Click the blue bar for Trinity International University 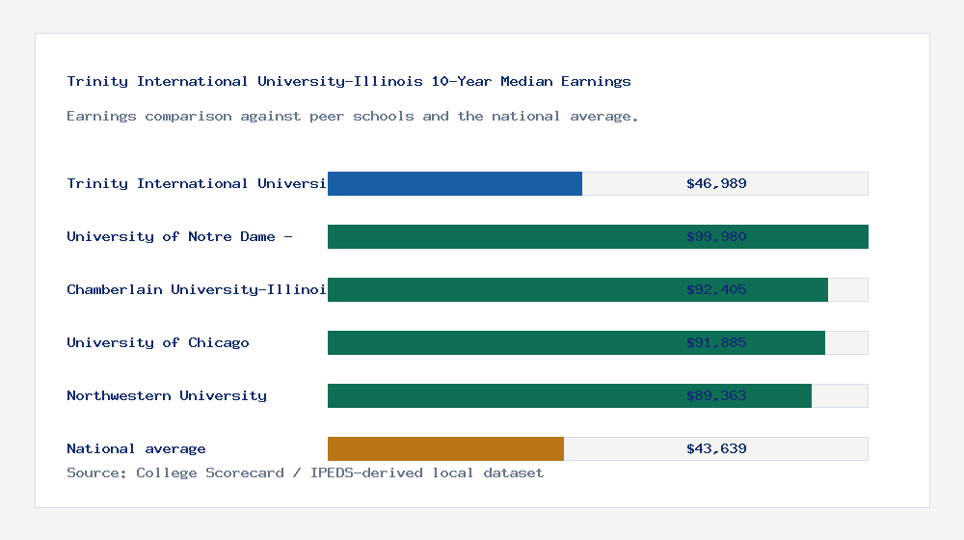(455, 183)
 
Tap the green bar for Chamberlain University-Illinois (501, 289)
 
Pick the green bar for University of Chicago (501, 342)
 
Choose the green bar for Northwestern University (501, 395)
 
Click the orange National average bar (445, 448)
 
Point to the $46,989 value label (716, 183)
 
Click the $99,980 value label (716, 236)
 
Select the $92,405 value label (716, 289)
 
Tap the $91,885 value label (716, 342)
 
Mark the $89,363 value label (716, 395)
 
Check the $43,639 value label (716, 448)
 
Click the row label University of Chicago (158, 342)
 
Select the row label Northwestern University (167, 395)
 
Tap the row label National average (136, 448)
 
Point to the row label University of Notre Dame (179, 236)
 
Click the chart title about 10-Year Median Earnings (349, 81)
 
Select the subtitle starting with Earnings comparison (353, 116)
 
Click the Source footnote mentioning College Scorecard (305, 472)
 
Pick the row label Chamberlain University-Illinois (197, 289)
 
